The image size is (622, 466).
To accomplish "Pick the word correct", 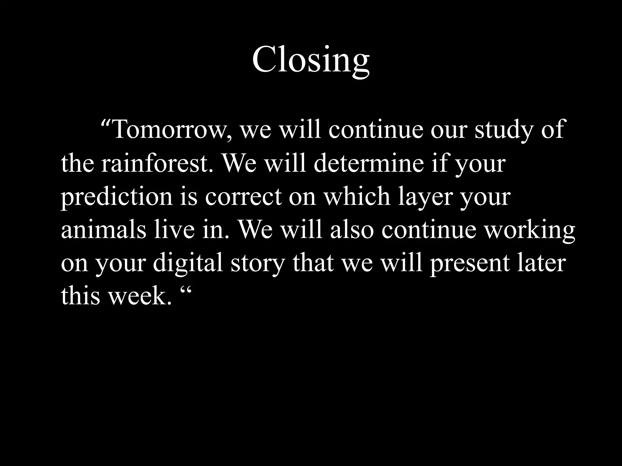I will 243,197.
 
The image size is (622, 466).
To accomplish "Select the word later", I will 542,263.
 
